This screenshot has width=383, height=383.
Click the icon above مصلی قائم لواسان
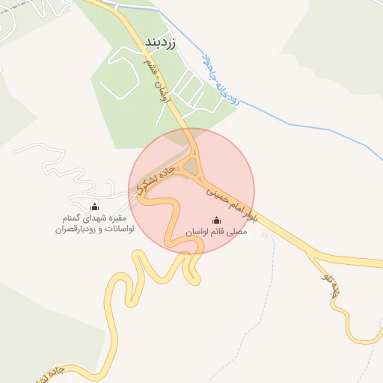(x=217, y=220)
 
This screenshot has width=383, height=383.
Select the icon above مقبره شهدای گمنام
(x=94, y=207)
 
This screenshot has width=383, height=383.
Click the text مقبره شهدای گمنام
(x=94, y=219)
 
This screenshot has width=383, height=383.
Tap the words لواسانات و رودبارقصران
(x=94, y=230)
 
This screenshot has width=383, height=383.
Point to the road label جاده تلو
(x=334, y=287)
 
